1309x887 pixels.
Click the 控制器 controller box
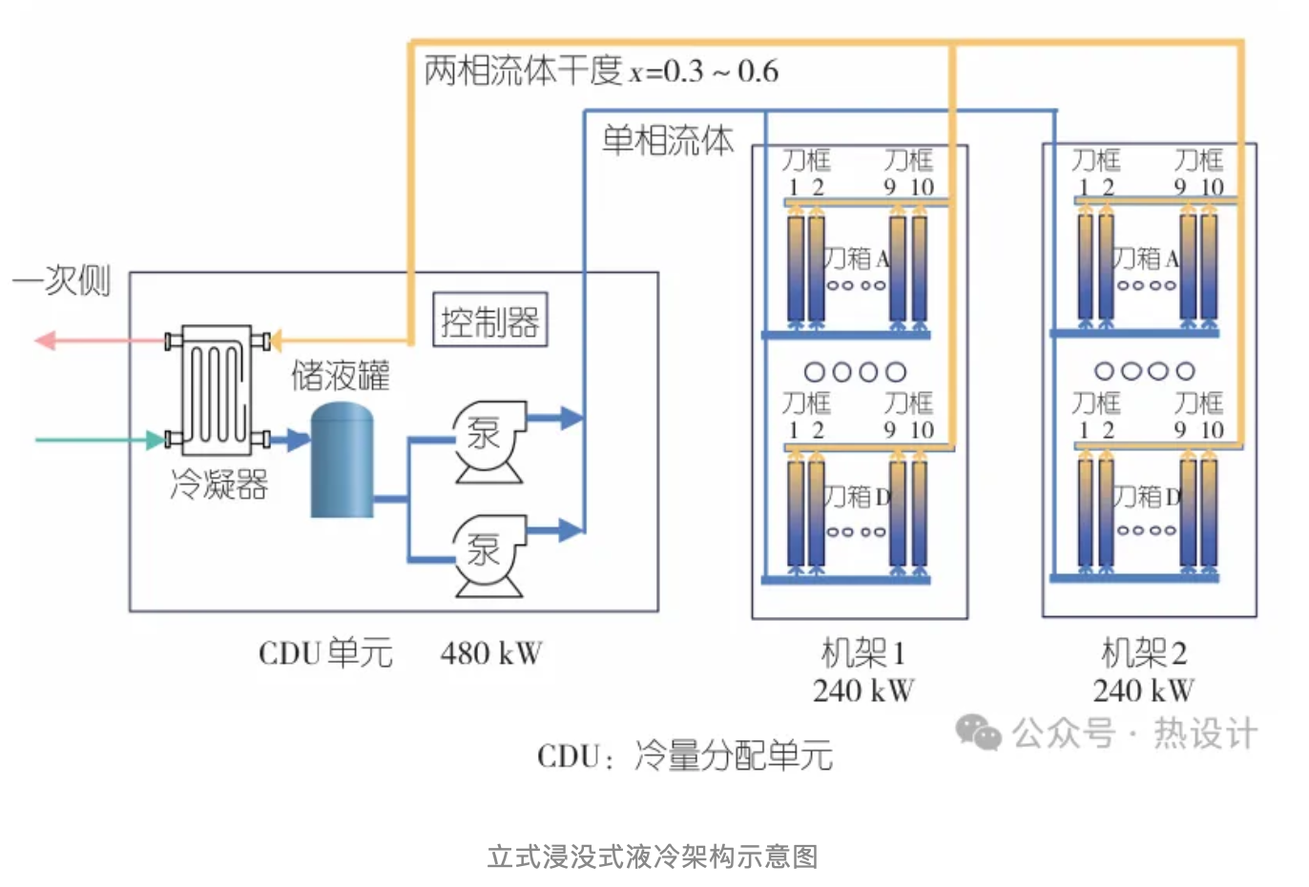click(x=490, y=320)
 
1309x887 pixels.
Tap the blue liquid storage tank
click(x=342, y=462)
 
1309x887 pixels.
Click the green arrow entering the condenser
click(x=153, y=440)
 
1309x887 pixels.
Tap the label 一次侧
click(x=62, y=280)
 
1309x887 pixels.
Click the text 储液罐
click(x=341, y=375)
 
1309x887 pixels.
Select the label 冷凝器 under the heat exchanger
click(x=218, y=485)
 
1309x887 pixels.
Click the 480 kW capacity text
click(x=490, y=653)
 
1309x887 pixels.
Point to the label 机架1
click(x=862, y=653)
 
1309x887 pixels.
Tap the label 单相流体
click(x=667, y=140)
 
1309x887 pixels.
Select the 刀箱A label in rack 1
click(x=856, y=258)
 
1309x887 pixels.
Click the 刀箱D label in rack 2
click(x=1146, y=496)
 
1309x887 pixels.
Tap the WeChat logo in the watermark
click(x=978, y=732)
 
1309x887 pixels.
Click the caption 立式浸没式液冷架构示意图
click(x=653, y=856)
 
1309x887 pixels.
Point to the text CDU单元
click(x=325, y=653)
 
